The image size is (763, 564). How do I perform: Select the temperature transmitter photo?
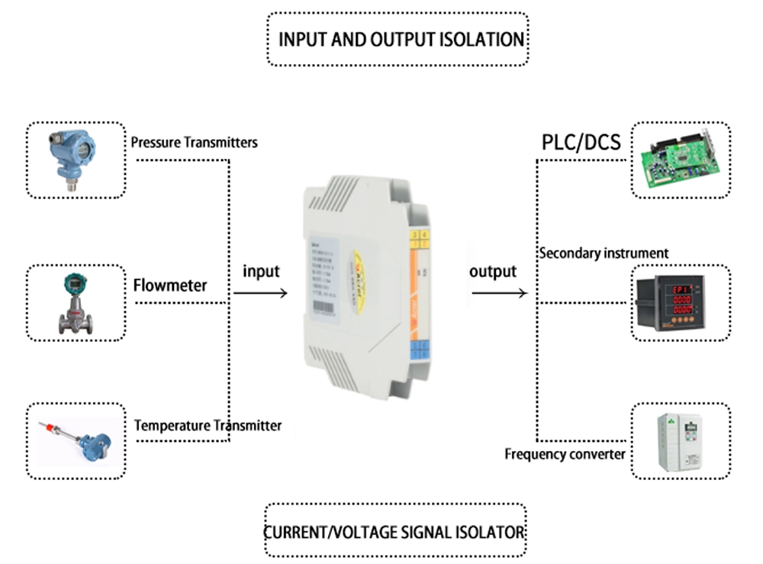pos(76,441)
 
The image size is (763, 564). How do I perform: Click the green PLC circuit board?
pos(680,161)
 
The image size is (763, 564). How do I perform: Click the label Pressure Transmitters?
pos(194,142)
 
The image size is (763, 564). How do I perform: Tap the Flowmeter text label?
pos(169,286)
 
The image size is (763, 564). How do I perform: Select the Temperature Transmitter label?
pos(208,425)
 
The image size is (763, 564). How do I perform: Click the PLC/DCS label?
pos(581,142)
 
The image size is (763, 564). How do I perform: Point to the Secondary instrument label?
pos(604,253)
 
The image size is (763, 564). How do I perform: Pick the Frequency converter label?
pos(565,455)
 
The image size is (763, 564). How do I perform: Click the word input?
pos(261,271)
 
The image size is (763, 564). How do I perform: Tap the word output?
pos(493,271)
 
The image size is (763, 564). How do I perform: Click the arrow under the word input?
pos(260,293)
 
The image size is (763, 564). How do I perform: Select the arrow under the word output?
pos(499,293)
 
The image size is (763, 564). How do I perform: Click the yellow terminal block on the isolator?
pos(418,239)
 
